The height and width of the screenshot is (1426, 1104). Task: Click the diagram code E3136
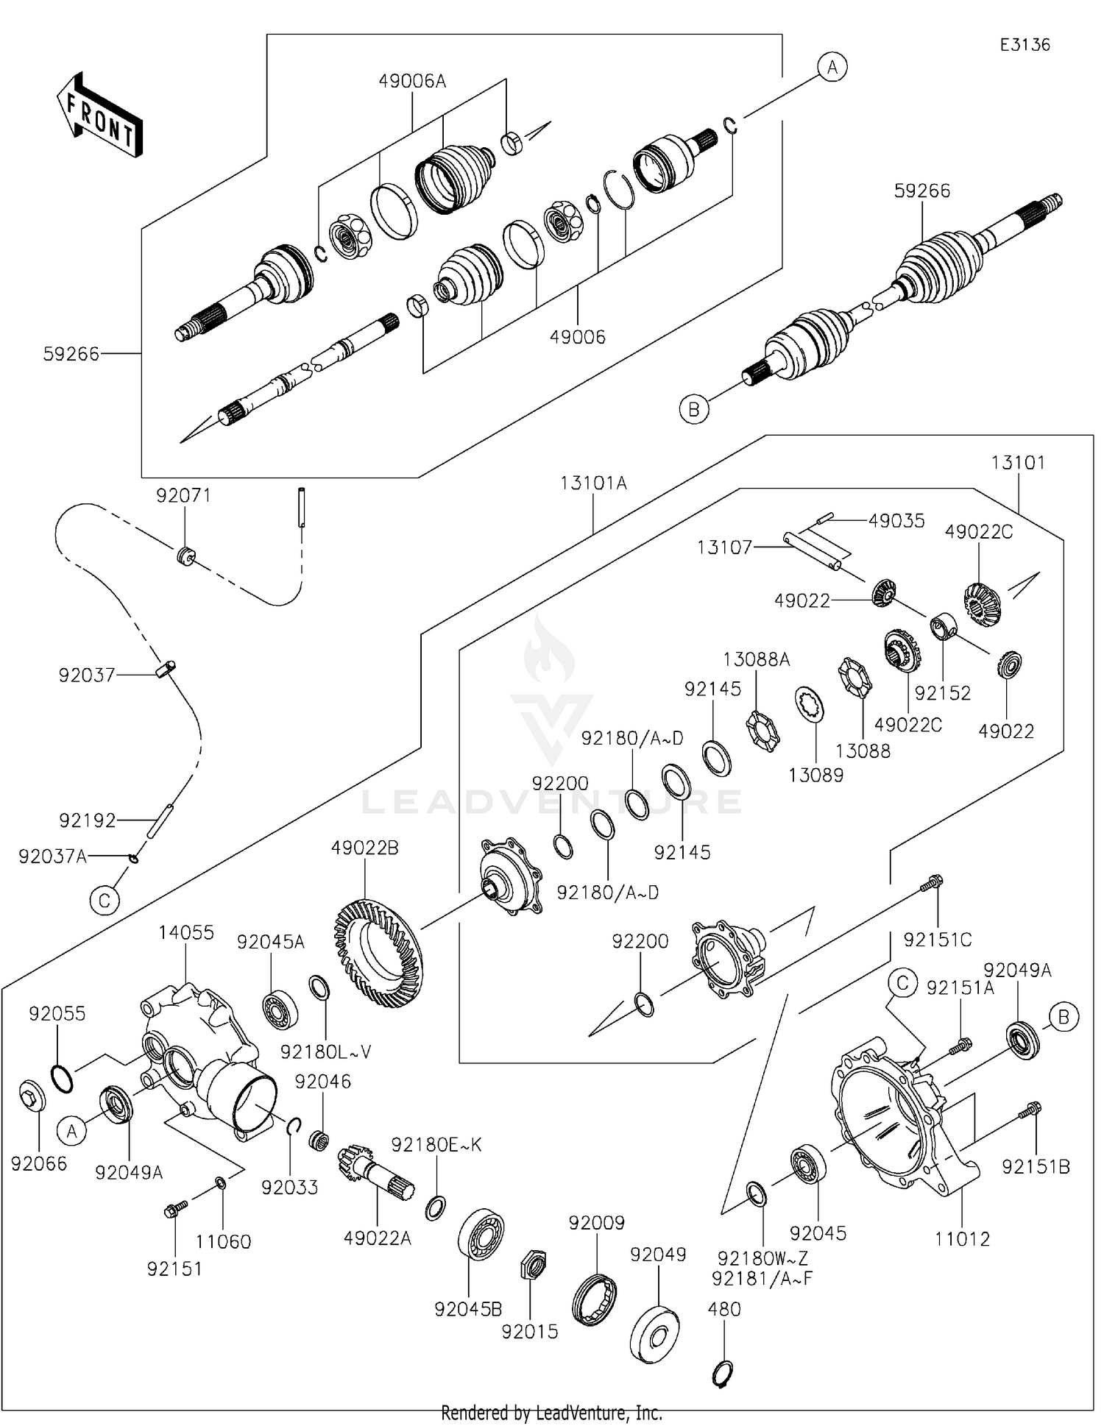point(1025,45)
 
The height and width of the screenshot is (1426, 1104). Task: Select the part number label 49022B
point(364,848)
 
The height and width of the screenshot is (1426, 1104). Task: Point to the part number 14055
point(186,932)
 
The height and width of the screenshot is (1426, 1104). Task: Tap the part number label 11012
point(962,1239)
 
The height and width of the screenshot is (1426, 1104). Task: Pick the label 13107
point(724,547)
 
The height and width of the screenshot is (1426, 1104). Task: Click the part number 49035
point(896,521)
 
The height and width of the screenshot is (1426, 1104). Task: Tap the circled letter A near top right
point(832,68)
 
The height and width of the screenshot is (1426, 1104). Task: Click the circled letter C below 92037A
point(105,901)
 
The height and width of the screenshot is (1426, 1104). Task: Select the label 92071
point(183,496)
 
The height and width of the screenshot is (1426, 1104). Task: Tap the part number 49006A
point(412,81)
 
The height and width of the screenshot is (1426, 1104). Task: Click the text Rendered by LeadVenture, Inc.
point(551,1413)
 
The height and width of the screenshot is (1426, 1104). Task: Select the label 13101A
point(593,483)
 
